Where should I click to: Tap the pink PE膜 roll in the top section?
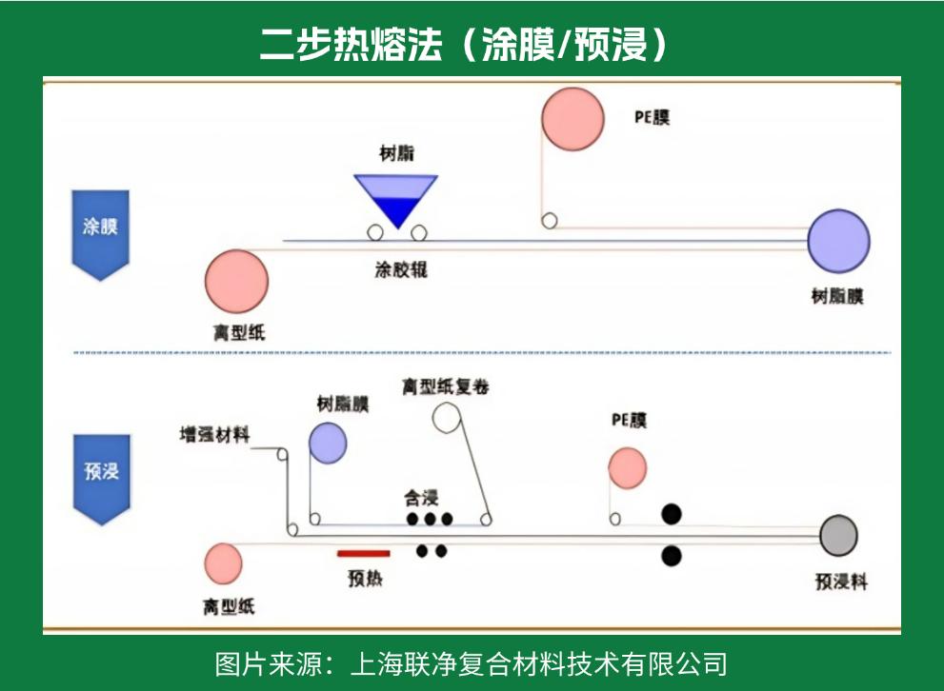[572, 119]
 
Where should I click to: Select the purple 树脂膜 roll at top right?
[838, 242]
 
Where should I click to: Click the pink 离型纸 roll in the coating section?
[236, 281]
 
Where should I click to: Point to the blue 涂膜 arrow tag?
[100, 231]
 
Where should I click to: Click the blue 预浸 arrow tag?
[101, 475]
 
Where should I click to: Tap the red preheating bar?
[364, 551]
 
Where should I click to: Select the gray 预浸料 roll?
[838, 536]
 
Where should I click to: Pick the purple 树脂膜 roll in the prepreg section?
[328, 443]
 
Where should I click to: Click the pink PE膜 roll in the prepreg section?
[628, 467]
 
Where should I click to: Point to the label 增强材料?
[215, 435]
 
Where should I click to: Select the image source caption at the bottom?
[472, 662]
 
